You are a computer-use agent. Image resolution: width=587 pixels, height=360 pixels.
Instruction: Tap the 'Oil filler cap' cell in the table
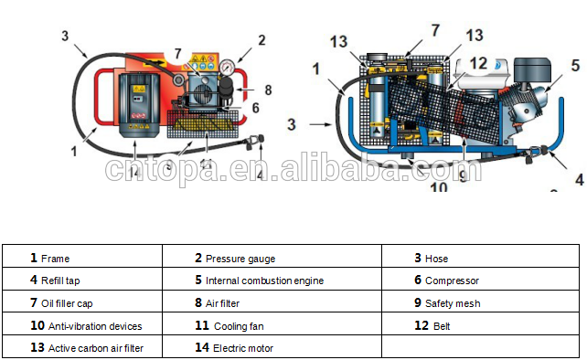(81, 303)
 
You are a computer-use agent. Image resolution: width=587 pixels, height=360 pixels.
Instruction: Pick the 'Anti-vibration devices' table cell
(81, 325)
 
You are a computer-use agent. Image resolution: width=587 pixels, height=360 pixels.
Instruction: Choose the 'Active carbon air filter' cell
(81, 348)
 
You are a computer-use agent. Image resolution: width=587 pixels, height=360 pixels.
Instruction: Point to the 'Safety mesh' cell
(486, 303)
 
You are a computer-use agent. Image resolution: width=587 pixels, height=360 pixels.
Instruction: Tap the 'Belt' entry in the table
(486, 325)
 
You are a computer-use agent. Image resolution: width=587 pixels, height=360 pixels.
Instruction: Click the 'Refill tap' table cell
(81, 281)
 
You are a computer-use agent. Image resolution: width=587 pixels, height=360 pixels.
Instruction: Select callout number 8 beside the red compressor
(268, 90)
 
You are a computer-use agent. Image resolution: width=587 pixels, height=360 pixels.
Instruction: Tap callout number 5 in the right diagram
(574, 65)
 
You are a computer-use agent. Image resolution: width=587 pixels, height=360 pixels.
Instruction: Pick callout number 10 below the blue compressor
(440, 187)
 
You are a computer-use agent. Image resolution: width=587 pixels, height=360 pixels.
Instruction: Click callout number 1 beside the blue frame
(315, 69)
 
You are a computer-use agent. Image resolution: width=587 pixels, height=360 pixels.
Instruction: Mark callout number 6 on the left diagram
(254, 108)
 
